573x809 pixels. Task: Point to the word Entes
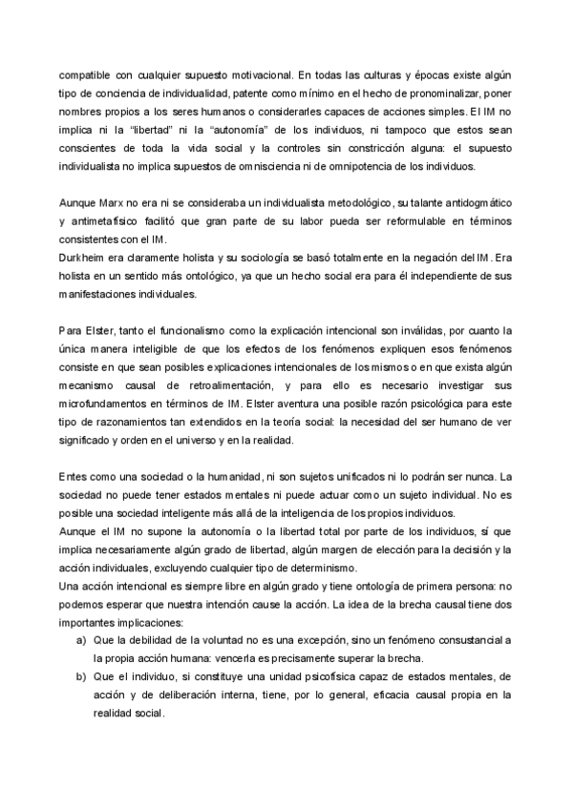74,479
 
